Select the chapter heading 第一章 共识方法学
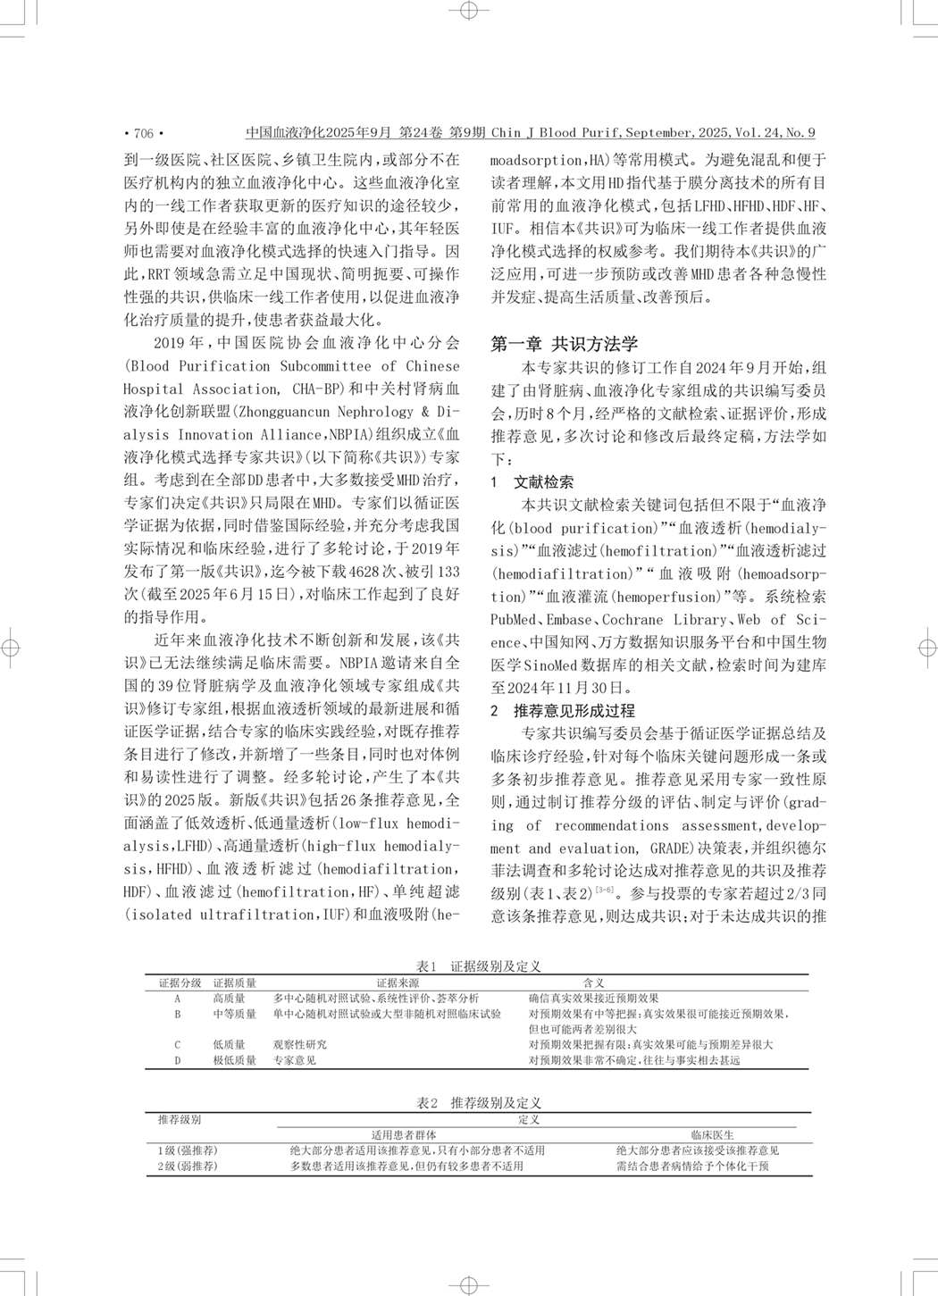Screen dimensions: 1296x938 [x=565, y=344]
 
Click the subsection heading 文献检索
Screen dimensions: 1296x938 [x=543, y=482]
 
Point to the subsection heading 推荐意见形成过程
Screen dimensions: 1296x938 [x=574, y=711]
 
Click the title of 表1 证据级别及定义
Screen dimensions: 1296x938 [x=479, y=966]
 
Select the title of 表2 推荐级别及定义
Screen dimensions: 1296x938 [x=479, y=1103]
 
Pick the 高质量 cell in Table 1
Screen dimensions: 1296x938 [x=229, y=999]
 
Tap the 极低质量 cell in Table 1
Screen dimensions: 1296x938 [x=234, y=1060]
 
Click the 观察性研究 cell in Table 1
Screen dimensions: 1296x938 [x=299, y=1044]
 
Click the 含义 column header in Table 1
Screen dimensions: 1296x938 [x=593, y=983]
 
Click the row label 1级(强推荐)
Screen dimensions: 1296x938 [x=187, y=1150]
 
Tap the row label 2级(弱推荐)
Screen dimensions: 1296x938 [x=187, y=1166]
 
